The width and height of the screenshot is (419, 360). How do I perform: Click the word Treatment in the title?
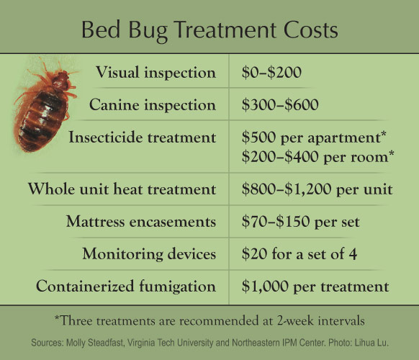click(x=226, y=30)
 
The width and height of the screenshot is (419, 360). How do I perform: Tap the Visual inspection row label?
click(x=156, y=73)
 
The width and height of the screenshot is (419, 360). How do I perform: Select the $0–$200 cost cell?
click(x=271, y=72)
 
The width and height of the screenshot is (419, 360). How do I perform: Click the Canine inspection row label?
click(x=153, y=104)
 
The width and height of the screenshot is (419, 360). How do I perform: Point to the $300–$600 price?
click(x=280, y=104)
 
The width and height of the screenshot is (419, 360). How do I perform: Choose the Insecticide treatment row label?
click(x=142, y=137)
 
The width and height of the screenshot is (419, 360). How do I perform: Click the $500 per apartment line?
click(x=314, y=137)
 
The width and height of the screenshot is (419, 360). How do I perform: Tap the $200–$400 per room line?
click(x=317, y=156)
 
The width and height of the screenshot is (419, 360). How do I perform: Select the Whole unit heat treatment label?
click(x=122, y=189)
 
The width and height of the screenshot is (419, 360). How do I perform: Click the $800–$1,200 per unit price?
click(x=317, y=189)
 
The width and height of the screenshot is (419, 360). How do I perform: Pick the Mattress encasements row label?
click(x=141, y=222)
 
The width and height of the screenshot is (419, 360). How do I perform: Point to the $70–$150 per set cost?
click(x=301, y=222)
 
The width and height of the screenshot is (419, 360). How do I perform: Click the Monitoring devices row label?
click(x=149, y=253)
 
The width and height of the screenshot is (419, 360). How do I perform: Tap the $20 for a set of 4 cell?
click(x=299, y=253)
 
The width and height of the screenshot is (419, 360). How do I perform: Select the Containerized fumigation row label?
click(x=126, y=286)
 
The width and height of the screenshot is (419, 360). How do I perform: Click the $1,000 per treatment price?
click(x=315, y=287)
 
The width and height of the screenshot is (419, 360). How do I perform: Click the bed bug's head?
click(x=60, y=78)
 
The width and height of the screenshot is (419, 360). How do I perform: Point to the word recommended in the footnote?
click(x=220, y=320)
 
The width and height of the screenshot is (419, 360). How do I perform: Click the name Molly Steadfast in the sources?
click(x=95, y=343)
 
